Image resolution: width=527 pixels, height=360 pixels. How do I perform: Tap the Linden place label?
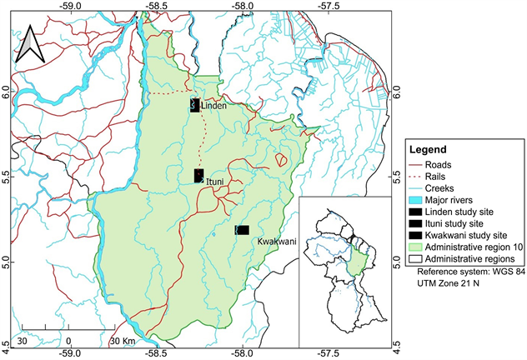(x=214, y=106)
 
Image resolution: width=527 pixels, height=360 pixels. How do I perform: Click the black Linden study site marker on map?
(x=194, y=105)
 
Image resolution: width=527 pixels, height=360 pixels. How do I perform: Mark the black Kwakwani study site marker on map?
(x=243, y=229)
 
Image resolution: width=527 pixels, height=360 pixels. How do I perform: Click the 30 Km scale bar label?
(x=123, y=340)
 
